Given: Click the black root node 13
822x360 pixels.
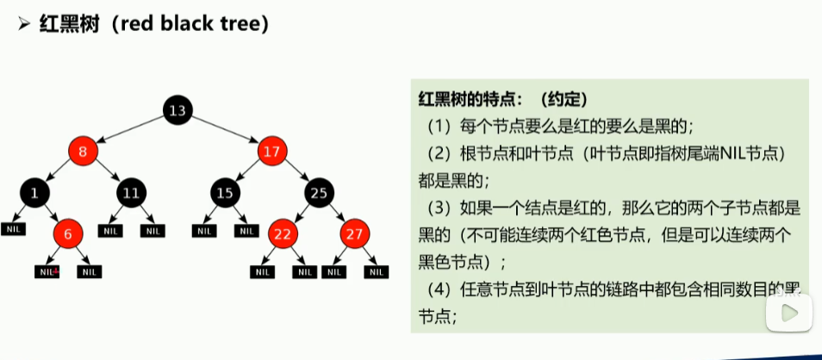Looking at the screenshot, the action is (x=177, y=110).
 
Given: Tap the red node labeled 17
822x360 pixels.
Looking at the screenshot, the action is (x=272, y=152).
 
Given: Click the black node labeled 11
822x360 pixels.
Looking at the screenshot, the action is (x=130, y=193).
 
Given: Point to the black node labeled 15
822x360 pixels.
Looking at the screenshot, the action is (x=225, y=193).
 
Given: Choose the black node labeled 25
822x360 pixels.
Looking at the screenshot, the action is (x=320, y=193).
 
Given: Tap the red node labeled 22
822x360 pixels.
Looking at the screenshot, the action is (x=281, y=233).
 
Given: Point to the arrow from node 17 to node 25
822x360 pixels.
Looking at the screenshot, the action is (x=296, y=172).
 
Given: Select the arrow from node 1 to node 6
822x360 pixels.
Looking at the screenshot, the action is (x=51, y=213).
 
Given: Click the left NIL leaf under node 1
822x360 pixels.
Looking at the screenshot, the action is (x=13, y=230).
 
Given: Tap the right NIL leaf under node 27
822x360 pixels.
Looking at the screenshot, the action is (x=375, y=272).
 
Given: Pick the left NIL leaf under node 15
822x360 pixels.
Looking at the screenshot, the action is (x=203, y=230).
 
